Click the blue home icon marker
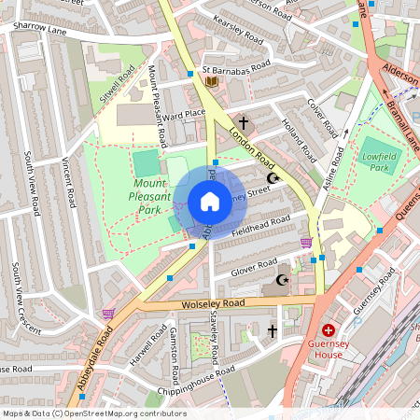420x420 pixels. tap(210, 202)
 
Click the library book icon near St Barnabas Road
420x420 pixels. tap(211, 83)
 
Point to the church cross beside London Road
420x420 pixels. tap(245, 122)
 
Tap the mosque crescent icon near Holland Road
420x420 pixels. tap(273, 177)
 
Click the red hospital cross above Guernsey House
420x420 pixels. tap(329, 330)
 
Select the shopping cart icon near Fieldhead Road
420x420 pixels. tap(306, 243)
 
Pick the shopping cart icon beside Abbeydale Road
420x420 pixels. tap(108, 315)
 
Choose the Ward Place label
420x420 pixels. tap(184, 115)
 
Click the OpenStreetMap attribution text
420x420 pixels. tap(93, 413)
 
